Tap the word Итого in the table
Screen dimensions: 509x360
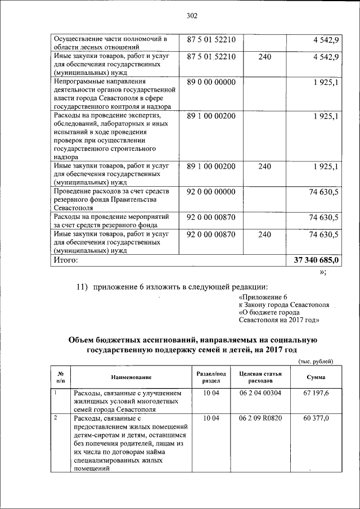pyautogui.click(x=66, y=260)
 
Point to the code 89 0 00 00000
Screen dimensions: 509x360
pyautogui.click(x=211, y=82)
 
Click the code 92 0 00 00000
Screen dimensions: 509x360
pyautogui.click(x=211, y=192)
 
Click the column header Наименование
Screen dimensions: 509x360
pyautogui.click(x=131, y=377)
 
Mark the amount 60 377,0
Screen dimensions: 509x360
pyautogui.click(x=316, y=418)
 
